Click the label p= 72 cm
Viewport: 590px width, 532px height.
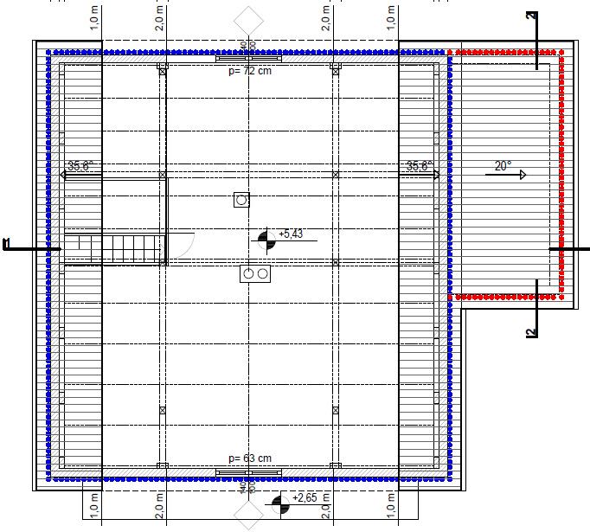tap(249, 71)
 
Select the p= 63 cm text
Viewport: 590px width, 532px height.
tap(249, 458)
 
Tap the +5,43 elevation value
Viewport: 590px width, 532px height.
tap(291, 234)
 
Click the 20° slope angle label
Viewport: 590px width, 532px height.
tap(503, 165)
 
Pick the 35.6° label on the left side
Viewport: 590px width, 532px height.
tap(80, 166)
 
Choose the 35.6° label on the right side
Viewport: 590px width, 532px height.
tap(419, 166)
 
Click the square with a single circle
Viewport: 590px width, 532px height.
tap(241, 200)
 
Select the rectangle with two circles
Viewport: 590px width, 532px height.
tap(255, 274)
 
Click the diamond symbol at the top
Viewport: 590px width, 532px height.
tap(248, 18)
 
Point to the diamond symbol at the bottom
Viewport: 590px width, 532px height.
tap(248, 516)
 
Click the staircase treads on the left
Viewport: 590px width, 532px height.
tap(114, 248)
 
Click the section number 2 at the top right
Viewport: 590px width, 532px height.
tap(531, 15)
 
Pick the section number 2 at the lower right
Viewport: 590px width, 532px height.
tap(530, 330)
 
